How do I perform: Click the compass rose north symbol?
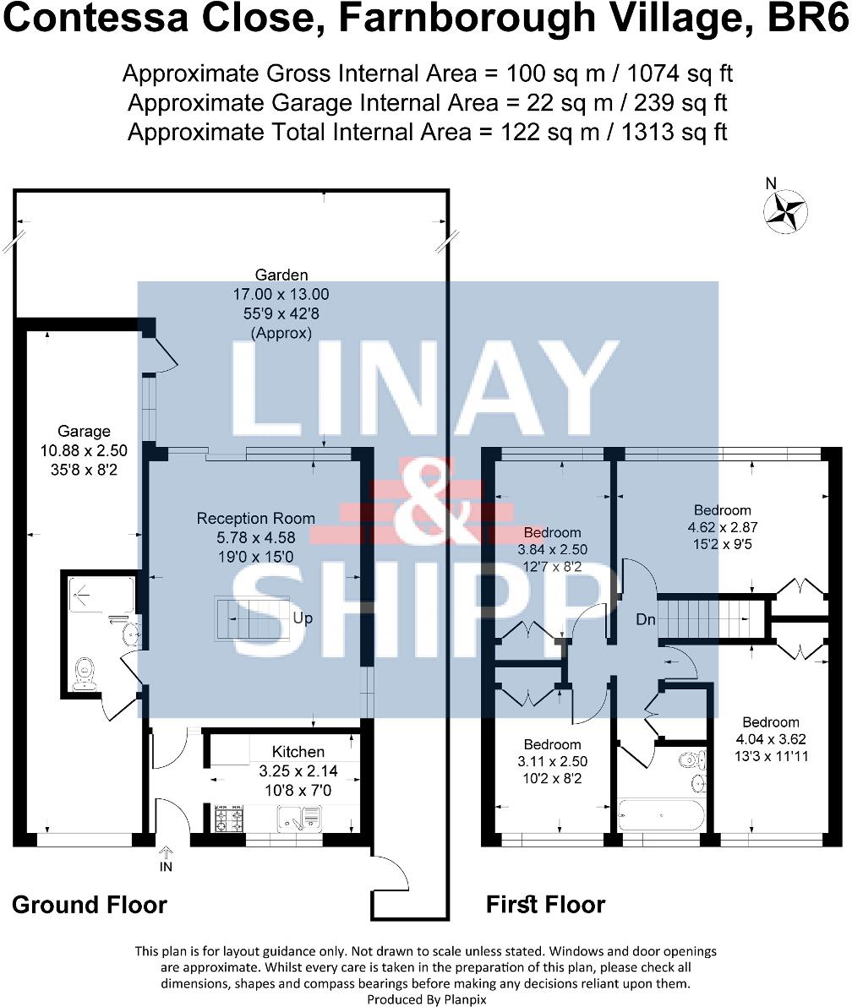click(785, 210)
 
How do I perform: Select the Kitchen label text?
click(298, 751)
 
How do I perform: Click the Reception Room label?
click(255, 518)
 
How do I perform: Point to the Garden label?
click(281, 275)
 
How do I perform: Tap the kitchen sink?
click(298, 817)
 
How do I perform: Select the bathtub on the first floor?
click(660, 815)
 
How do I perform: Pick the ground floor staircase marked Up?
click(248, 619)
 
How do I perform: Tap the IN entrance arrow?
click(165, 859)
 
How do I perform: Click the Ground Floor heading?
click(89, 905)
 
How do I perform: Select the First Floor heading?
click(545, 905)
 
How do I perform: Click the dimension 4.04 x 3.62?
click(770, 739)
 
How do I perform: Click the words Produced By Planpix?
click(426, 999)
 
